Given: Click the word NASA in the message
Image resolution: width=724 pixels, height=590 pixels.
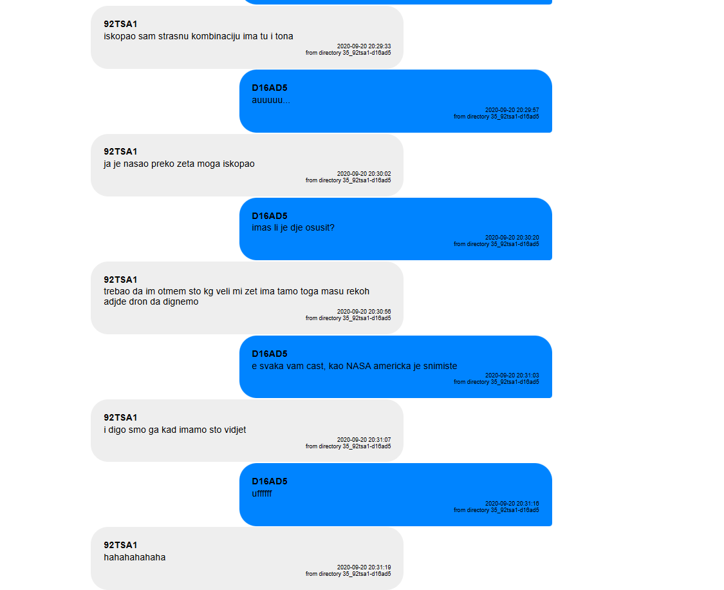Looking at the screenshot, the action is pos(358,366).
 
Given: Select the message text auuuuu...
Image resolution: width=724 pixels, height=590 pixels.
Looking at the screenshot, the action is pos(271,100).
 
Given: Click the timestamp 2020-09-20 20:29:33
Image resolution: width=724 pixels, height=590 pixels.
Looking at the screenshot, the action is pos(364,46).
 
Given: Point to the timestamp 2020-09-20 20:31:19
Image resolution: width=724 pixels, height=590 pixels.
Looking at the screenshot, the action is pos(364,567).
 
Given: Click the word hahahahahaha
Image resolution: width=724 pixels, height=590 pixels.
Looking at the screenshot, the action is pos(135,557).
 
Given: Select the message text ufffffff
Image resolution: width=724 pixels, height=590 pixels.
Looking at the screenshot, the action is pos(262,493).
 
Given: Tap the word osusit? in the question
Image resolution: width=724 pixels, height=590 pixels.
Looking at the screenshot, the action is pos(319,227).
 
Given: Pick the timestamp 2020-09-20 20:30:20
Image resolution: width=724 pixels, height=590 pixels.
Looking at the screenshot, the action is pos(512,238).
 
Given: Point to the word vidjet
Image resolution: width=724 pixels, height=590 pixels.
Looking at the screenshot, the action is pos(235,430).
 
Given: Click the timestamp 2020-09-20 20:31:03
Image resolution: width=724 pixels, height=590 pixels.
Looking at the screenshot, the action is pos(512,376).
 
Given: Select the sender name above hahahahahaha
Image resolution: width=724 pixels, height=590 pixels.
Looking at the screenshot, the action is pos(120,545).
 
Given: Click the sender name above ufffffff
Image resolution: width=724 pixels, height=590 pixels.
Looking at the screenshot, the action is pos(270,481).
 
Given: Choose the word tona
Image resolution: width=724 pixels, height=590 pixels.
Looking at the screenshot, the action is pos(284,36).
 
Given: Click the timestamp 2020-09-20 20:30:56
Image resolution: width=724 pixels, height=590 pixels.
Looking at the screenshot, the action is pos(364,311).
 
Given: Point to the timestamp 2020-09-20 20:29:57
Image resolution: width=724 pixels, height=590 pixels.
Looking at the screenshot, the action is pos(512,110).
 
